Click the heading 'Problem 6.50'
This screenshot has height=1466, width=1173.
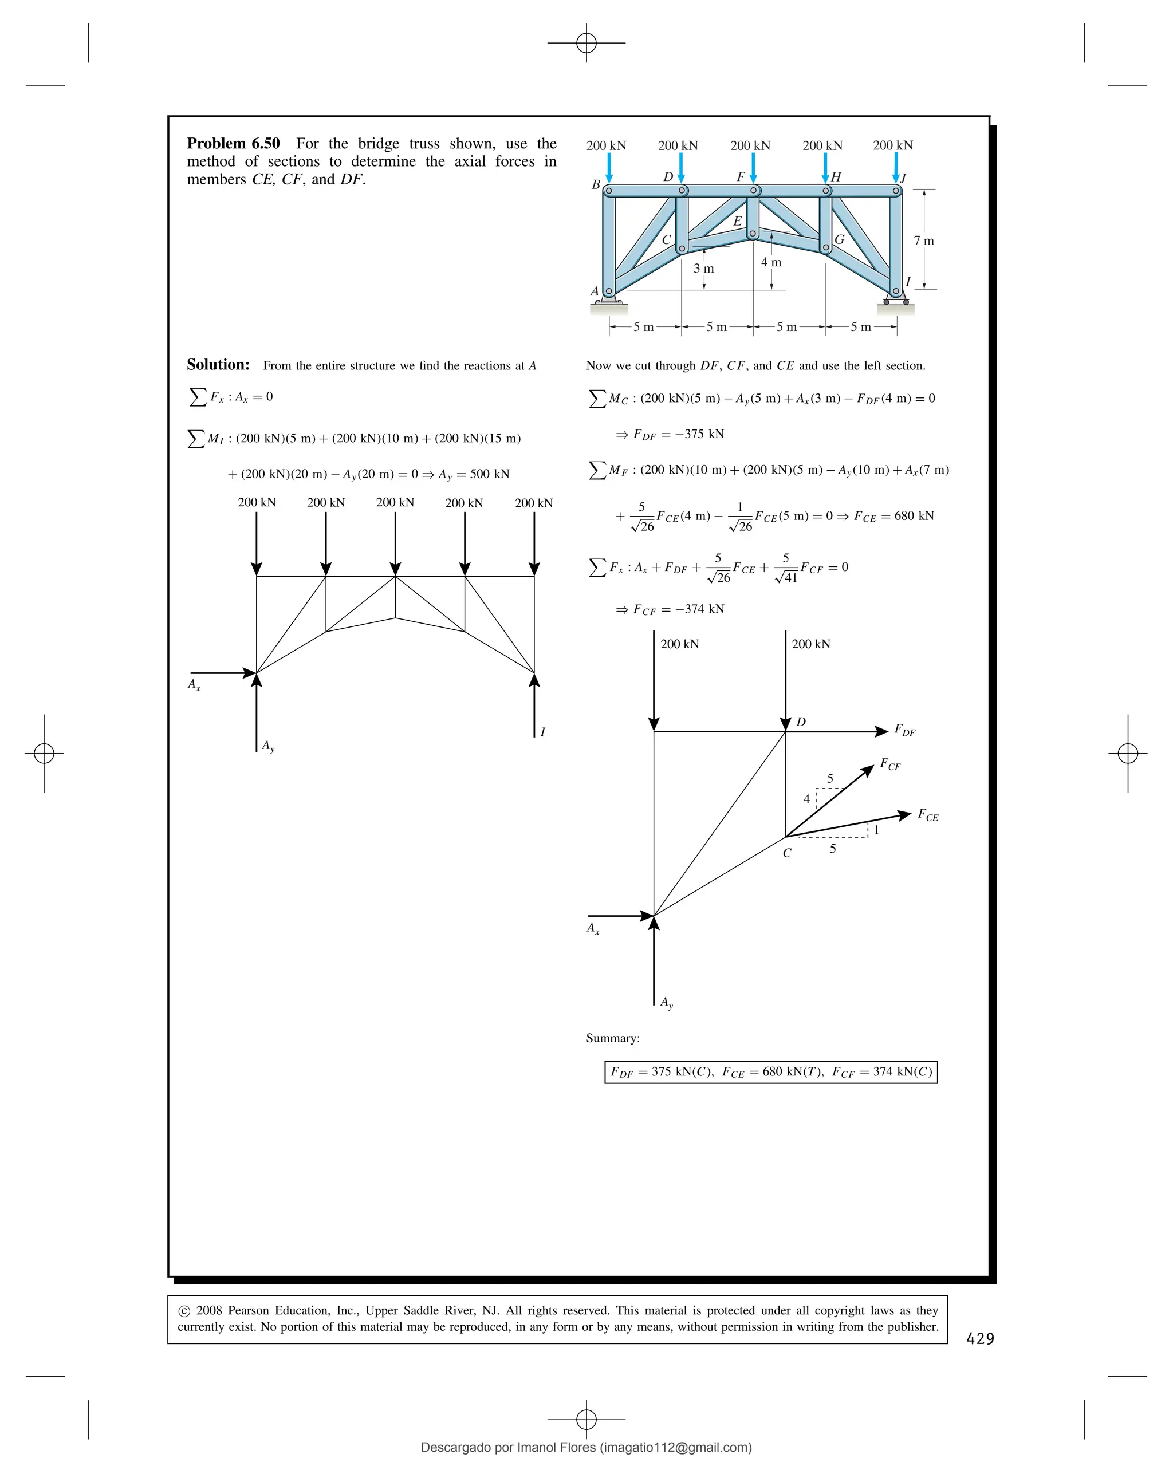233,144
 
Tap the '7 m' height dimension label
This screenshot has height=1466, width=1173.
923,241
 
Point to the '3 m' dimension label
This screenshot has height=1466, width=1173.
703,269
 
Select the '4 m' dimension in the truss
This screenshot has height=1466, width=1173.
770,262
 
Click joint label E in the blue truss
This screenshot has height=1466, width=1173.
737,221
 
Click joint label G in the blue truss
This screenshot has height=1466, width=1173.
839,239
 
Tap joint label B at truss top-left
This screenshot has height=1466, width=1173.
596,184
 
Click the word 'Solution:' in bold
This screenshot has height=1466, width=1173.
218,365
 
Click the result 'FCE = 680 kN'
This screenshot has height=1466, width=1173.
893,516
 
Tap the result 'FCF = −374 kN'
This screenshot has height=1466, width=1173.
678,609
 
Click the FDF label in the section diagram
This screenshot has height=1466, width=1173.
904,730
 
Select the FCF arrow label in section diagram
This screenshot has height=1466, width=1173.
889,764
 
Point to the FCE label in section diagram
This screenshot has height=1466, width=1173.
927,815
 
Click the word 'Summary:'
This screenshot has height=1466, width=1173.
613,1038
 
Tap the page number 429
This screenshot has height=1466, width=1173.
980,1339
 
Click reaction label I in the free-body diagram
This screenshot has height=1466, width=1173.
542,732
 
